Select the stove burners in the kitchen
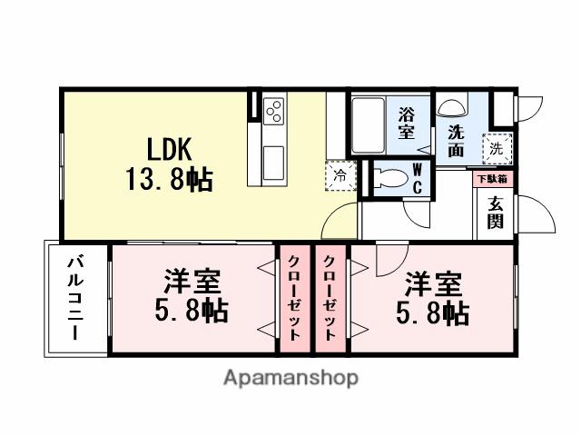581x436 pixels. tap(274, 114)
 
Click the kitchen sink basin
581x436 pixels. tap(273, 164)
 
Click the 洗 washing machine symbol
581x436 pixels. tap(496, 146)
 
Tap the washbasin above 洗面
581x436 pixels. tap(451, 106)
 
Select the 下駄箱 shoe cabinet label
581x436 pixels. tap(493, 178)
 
